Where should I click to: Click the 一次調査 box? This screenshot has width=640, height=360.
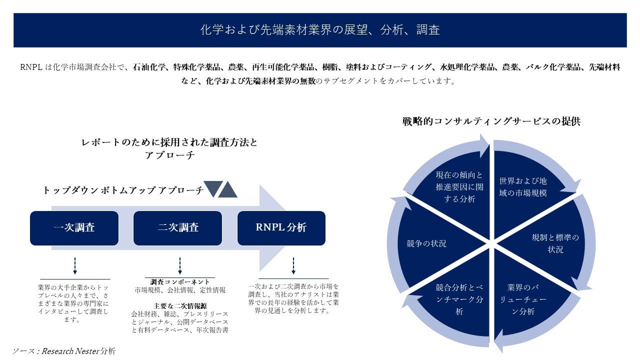point(74,228)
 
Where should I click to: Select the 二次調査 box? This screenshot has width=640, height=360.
point(178,228)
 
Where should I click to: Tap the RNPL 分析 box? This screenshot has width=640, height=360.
point(281,228)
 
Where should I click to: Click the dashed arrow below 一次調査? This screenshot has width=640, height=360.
point(74,265)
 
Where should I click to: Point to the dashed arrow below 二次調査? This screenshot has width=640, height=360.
point(179,265)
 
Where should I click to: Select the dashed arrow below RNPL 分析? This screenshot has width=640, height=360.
point(293,265)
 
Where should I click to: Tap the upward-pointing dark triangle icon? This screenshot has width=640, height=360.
point(227,189)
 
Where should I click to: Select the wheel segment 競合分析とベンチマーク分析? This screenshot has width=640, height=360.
point(459,299)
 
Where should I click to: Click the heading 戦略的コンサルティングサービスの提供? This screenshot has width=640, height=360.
point(491,121)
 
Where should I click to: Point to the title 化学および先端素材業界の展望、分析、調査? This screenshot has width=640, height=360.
point(320,30)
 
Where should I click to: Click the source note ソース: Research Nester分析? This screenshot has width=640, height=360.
point(63,351)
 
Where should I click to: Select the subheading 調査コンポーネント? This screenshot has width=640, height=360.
point(180,282)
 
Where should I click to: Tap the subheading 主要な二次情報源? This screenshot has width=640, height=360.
point(180,305)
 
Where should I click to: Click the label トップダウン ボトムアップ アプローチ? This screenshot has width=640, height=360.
point(123,190)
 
